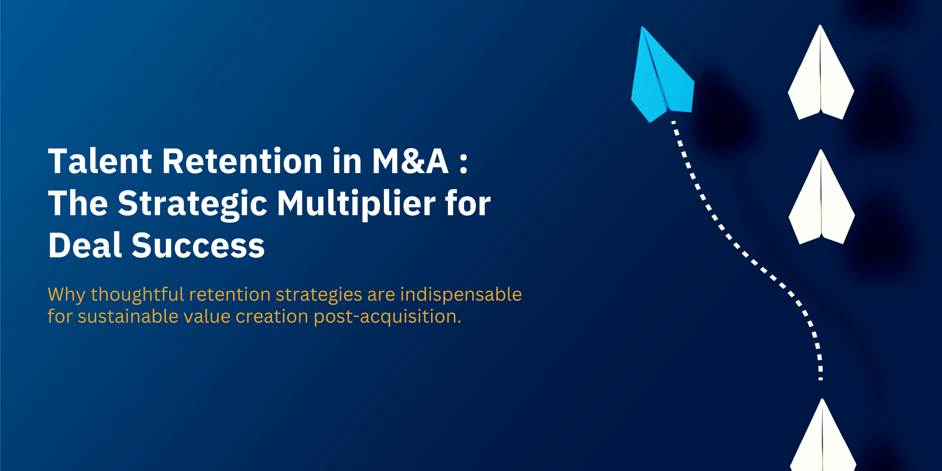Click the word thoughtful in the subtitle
click(137, 294)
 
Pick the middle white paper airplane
click(821, 201)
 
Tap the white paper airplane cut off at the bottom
click(823, 443)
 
